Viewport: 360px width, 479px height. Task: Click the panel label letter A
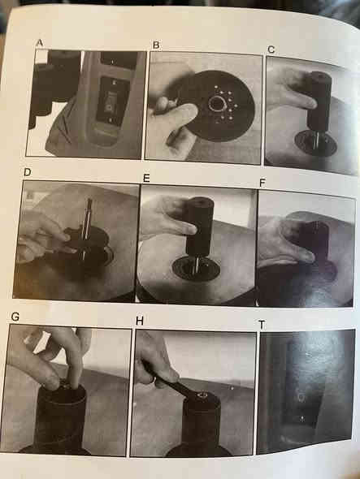pyautogui.click(x=40, y=43)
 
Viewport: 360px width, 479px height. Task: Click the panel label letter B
pyautogui.click(x=156, y=45)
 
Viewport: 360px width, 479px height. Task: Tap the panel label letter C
pyautogui.click(x=271, y=50)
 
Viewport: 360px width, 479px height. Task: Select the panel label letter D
pyautogui.click(x=27, y=172)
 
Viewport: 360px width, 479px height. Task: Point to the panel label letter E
pyautogui.click(x=146, y=178)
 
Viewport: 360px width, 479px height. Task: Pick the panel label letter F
pyautogui.click(x=262, y=183)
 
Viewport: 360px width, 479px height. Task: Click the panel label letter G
pyautogui.click(x=15, y=317)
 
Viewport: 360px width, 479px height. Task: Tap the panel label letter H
pyautogui.click(x=140, y=321)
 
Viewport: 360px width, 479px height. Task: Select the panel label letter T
pyautogui.click(x=262, y=325)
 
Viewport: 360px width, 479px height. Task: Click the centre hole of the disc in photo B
pyautogui.click(x=216, y=104)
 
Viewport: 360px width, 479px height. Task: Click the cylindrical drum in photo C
pyautogui.click(x=319, y=100)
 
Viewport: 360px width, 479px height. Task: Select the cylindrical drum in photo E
pyautogui.click(x=199, y=226)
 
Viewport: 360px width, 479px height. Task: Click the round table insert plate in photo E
pyautogui.click(x=196, y=268)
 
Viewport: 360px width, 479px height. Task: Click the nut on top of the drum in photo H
pyautogui.click(x=202, y=396)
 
